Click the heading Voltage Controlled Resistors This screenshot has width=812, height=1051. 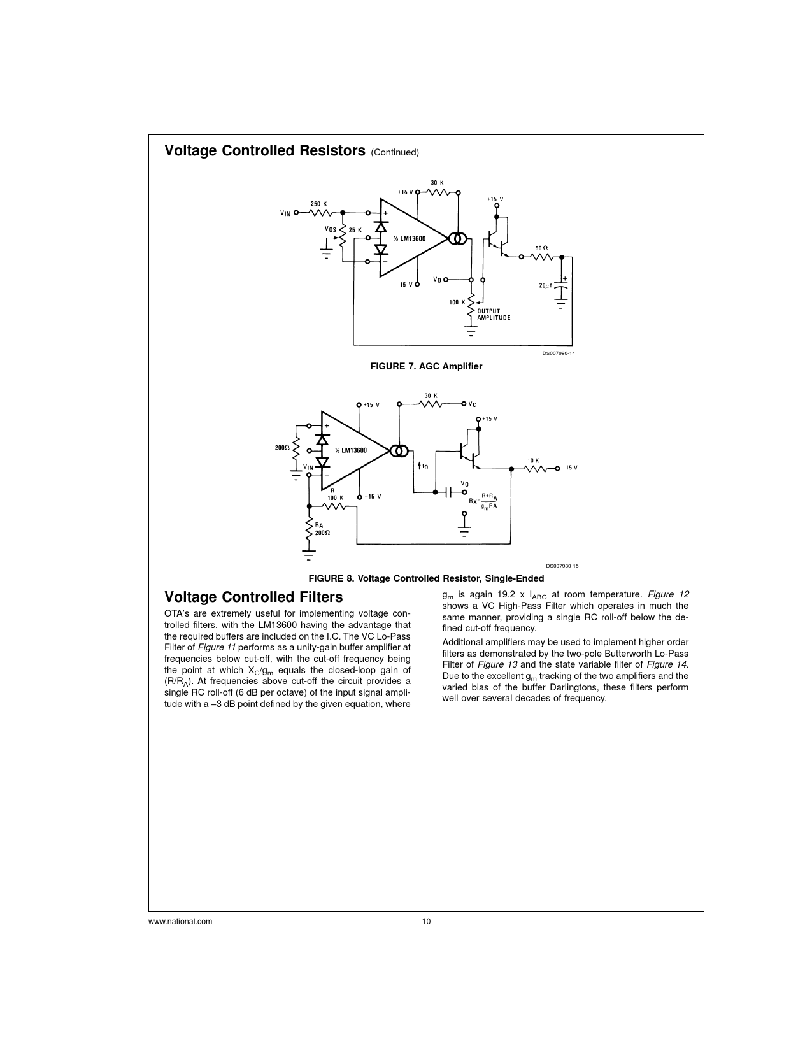(264, 151)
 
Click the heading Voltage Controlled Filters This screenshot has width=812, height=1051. (253, 597)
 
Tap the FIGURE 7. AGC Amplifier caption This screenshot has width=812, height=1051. (426, 366)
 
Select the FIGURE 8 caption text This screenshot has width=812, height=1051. (426, 578)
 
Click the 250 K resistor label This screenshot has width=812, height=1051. (318, 204)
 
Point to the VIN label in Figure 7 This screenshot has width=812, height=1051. (285, 213)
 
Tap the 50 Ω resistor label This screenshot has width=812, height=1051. (541, 248)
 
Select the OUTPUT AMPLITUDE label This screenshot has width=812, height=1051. (494, 315)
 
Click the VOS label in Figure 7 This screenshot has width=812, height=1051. (330, 229)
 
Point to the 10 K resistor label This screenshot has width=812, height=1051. (533, 460)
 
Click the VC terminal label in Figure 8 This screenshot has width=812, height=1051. (472, 404)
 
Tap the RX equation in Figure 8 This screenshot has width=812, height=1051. (484, 501)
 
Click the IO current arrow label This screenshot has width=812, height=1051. (423, 467)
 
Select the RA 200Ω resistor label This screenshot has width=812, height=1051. (320, 529)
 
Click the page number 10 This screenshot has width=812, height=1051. (426, 922)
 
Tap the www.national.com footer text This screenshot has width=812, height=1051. (180, 922)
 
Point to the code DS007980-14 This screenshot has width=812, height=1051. (559, 354)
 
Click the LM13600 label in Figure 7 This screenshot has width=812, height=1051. (409, 238)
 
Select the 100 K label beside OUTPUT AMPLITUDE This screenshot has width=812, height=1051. (457, 302)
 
